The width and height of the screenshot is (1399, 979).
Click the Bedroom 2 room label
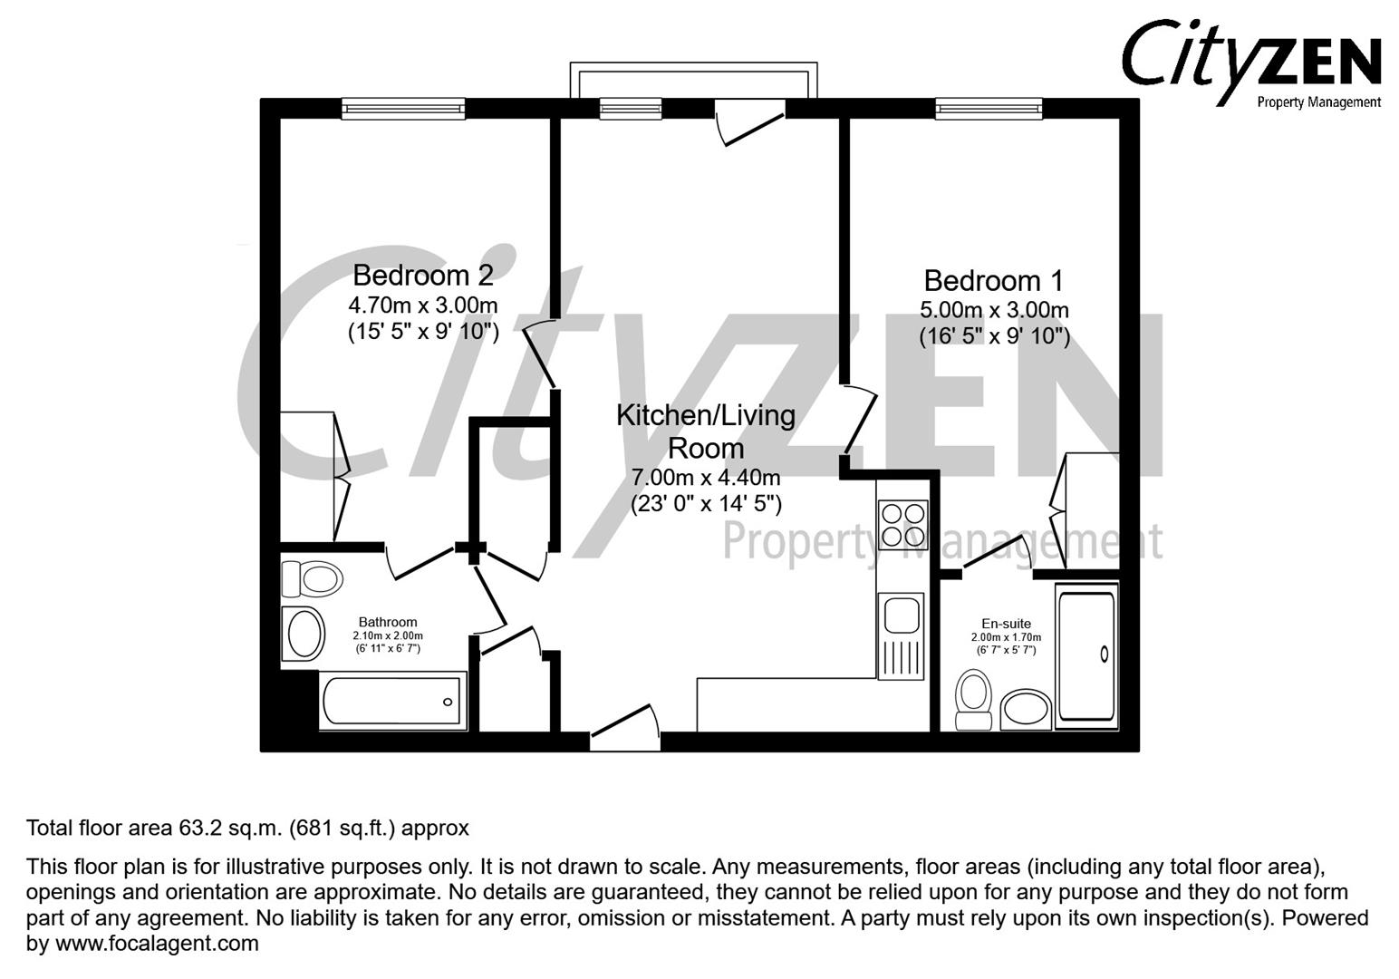[423, 275]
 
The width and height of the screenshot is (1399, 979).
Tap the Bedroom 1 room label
[993, 280]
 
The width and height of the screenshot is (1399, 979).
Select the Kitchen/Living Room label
[705, 431]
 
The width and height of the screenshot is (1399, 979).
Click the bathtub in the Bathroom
[393, 701]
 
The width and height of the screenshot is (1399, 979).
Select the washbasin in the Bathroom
[304, 634]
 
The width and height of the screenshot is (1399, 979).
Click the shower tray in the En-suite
[1086, 655]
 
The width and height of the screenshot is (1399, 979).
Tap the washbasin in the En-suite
[1026, 710]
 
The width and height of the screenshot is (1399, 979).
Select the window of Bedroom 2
[403, 109]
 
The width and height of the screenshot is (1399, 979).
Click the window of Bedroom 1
[989, 109]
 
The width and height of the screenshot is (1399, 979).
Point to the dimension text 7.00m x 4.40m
[705, 477]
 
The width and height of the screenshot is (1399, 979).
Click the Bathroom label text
[388, 622]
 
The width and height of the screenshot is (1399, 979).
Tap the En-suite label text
[1006, 624]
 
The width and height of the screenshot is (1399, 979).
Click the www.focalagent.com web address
[157, 944]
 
